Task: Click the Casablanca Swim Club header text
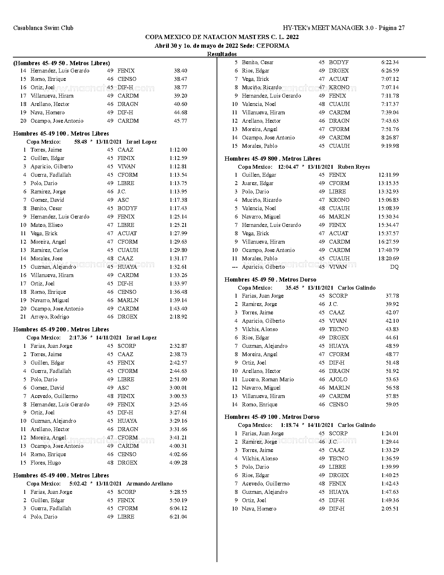pyautogui.click(x=43, y=28)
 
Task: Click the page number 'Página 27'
pyautogui.click(x=392, y=28)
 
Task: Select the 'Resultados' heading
pyautogui.click(x=222, y=54)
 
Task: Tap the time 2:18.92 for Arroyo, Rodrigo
pyautogui.click(x=178, y=317)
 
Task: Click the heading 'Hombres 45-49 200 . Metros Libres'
pyautogui.click(x=61, y=329)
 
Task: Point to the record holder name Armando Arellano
pyautogui.click(x=149, y=484)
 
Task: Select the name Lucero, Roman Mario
pyautogui.click(x=267, y=379)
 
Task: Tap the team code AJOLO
pyautogui.click(x=338, y=379)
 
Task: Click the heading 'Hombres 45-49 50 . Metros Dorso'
pyautogui.click(x=270, y=279)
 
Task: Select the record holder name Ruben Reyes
pyautogui.click(x=354, y=167)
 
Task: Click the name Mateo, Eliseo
pyautogui.click(x=47, y=225)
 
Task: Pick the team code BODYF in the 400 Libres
pyautogui.click(x=338, y=62)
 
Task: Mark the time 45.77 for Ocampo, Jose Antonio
pyautogui.click(x=180, y=121)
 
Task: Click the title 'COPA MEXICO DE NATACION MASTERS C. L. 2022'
pyautogui.click(x=222, y=37)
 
